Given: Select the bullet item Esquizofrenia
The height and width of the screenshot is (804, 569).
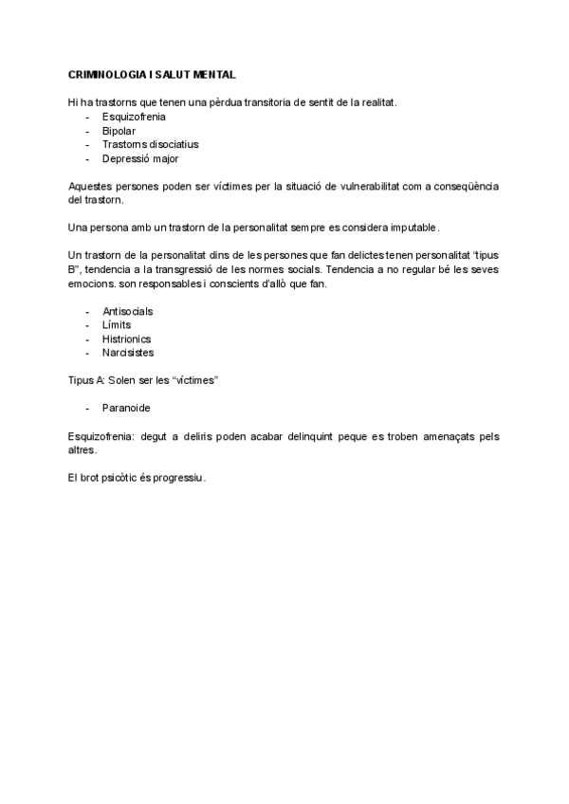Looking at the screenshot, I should (x=134, y=117).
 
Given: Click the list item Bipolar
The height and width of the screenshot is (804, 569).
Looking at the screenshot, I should (x=119, y=131).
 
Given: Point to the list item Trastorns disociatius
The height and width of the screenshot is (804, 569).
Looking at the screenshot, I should (x=150, y=144).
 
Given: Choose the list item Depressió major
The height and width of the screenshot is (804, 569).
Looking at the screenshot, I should (x=140, y=158).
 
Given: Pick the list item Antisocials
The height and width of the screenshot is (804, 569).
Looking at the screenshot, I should (x=127, y=311).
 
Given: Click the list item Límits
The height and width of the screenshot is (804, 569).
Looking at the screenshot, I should (x=117, y=325).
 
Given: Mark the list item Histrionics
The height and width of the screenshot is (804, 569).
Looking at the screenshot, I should (x=126, y=338).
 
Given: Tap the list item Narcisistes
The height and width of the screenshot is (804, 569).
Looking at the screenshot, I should (x=128, y=353).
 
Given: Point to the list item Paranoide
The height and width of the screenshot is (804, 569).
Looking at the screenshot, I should (x=126, y=409).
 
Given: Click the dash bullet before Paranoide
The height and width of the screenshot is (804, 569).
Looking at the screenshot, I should (x=87, y=409).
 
